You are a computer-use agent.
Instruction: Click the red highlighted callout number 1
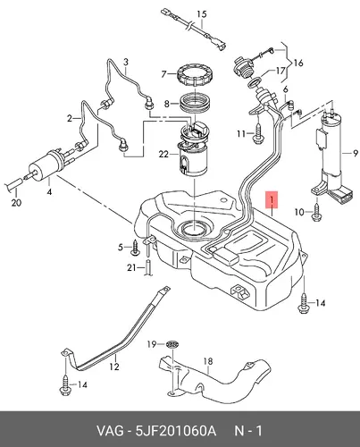click(x=272, y=198)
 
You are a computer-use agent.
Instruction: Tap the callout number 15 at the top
click(x=202, y=14)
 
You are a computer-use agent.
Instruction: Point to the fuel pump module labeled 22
click(x=193, y=149)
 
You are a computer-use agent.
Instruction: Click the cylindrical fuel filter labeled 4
click(x=46, y=166)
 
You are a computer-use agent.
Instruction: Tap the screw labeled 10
click(x=315, y=212)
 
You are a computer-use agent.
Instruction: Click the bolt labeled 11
click(x=258, y=133)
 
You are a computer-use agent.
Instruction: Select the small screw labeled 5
click(x=135, y=248)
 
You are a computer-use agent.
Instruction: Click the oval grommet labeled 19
click(x=172, y=344)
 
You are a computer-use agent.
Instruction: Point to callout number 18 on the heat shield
click(x=208, y=361)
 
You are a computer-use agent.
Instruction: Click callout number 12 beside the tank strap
click(x=114, y=367)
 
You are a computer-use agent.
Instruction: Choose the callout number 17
click(x=280, y=72)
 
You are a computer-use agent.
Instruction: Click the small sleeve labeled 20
click(x=15, y=185)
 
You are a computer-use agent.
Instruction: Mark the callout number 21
click(x=131, y=267)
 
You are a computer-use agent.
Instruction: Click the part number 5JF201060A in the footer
click(x=176, y=431)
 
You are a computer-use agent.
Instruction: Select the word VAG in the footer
click(x=109, y=431)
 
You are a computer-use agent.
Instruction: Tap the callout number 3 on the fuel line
click(x=126, y=62)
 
